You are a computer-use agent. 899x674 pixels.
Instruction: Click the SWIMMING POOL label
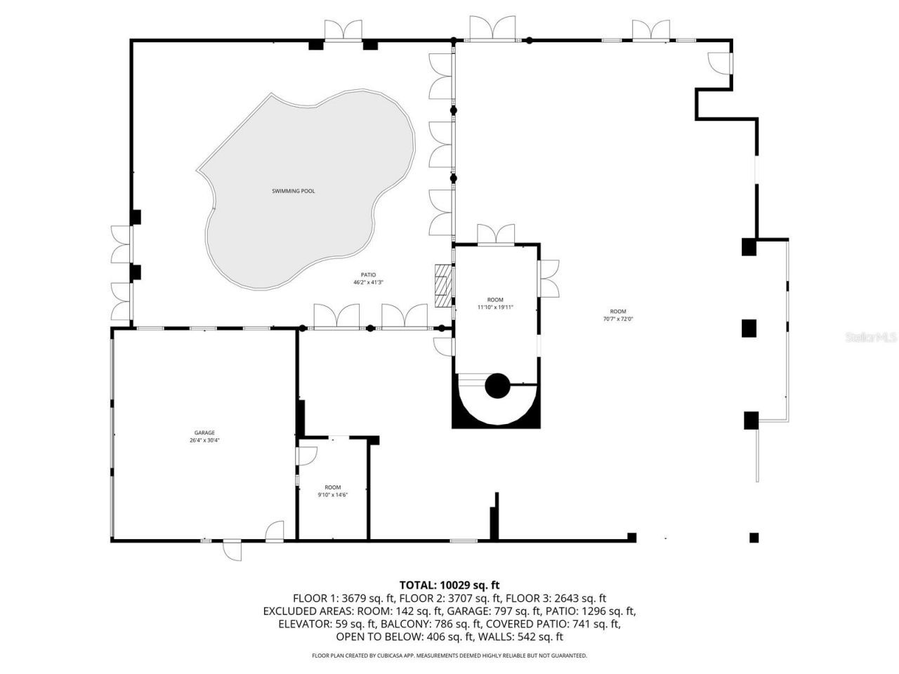click(294, 191)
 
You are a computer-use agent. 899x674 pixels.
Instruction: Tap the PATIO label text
click(369, 275)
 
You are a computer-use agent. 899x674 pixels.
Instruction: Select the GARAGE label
click(204, 433)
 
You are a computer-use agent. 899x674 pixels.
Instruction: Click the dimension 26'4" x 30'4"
click(204, 441)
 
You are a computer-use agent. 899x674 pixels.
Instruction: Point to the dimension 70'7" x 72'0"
click(617, 319)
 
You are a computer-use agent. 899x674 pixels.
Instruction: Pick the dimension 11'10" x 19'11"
click(496, 308)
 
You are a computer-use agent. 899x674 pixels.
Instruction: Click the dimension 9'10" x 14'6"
click(332, 495)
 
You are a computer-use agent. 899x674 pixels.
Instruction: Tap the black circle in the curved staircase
click(497, 385)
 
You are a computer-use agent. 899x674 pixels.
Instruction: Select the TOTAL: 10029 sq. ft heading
click(449, 585)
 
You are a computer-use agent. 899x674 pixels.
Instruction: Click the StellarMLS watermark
click(871, 338)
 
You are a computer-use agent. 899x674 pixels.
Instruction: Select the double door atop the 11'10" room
click(496, 234)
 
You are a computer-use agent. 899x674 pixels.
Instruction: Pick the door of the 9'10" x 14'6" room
click(307, 456)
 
